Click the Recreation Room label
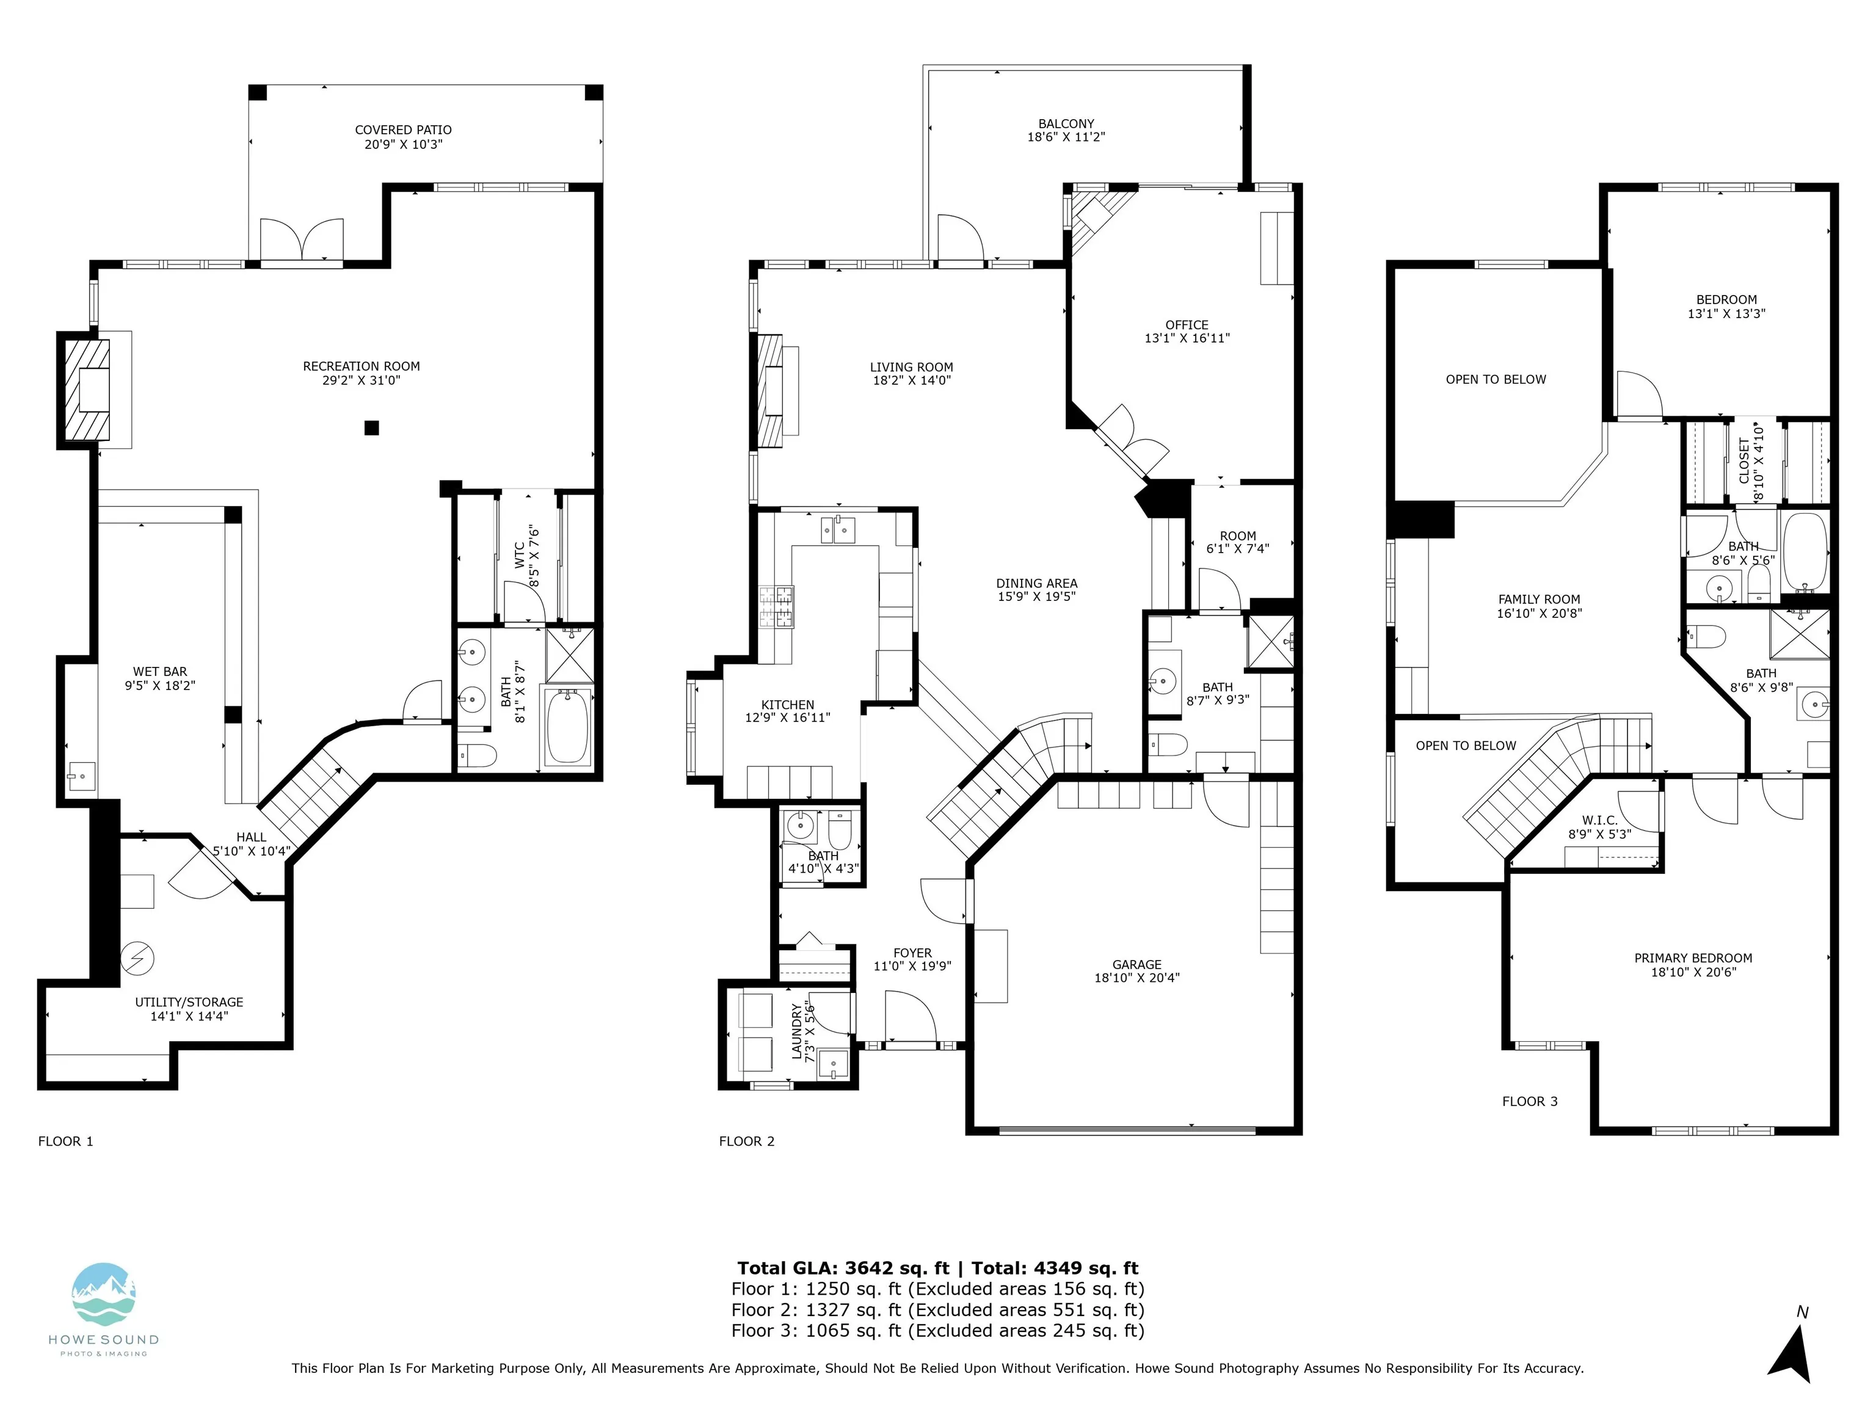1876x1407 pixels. (362, 366)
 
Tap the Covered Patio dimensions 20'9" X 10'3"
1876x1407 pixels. (404, 144)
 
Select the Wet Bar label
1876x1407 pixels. (160, 672)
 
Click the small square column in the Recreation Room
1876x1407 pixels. (371, 428)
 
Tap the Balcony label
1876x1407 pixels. (1066, 124)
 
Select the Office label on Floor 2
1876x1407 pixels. (1187, 325)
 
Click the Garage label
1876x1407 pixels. (1137, 964)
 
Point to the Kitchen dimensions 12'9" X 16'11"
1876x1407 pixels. (788, 718)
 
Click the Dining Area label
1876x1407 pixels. (1036, 583)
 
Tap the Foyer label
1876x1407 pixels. (912, 953)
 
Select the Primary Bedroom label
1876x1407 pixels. (1693, 958)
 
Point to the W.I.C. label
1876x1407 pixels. (1599, 821)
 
